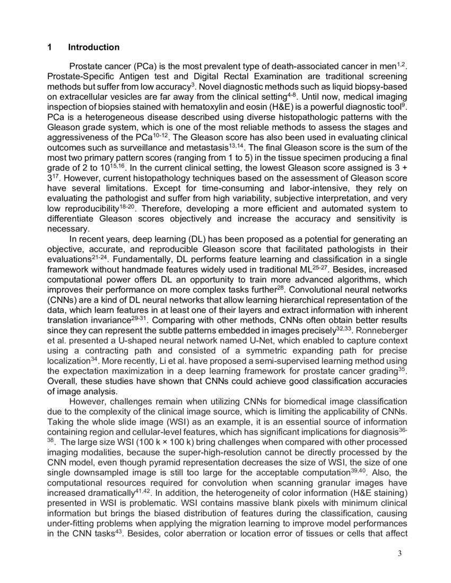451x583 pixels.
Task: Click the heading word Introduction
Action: point(93,48)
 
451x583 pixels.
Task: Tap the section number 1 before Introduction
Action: point(50,48)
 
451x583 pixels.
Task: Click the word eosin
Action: point(237,107)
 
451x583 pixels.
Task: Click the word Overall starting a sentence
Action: point(63,381)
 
